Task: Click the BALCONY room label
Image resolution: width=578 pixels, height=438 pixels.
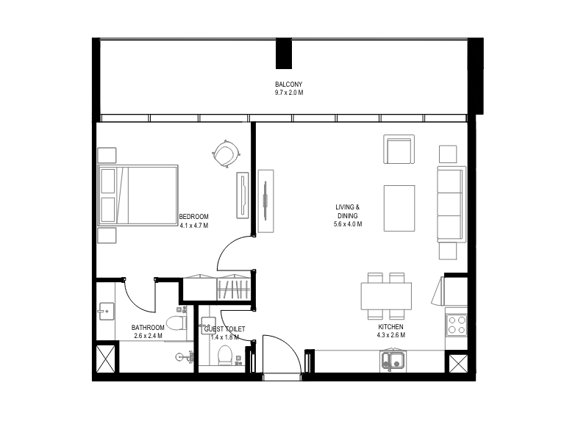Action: pyautogui.click(x=288, y=85)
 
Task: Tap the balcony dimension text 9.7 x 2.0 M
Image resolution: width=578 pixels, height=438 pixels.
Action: pyautogui.click(x=288, y=93)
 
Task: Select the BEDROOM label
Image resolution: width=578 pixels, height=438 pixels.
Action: pyautogui.click(x=193, y=217)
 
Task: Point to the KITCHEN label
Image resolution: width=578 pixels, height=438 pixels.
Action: pyautogui.click(x=390, y=327)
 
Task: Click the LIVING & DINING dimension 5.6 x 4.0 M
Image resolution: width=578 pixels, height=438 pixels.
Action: pyautogui.click(x=348, y=224)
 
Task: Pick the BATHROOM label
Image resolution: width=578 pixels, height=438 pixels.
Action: pyautogui.click(x=148, y=328)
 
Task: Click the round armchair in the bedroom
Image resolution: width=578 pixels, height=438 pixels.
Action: pyautogui.click(x=226, y=154)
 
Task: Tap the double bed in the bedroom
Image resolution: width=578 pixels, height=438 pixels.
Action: pyautogui.click(x=138, y=195)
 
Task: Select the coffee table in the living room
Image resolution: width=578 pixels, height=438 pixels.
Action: pyautogui.click(x=399, y=208)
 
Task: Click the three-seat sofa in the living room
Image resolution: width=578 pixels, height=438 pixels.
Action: pyautogui.click(x=452, y=204)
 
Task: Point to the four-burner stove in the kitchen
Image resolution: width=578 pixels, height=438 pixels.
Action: pyautogui.click(x=457, y=325)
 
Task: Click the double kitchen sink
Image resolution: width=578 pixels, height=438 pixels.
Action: pyautogui.click(x=393, y=360)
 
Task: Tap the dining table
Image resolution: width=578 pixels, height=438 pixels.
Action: pyautogui.click(x=386, y=296)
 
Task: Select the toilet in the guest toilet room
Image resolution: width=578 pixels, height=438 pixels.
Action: pyautogui.click(x=224, y=355)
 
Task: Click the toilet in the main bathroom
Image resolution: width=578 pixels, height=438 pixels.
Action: pyautogui.click(x=176, y=323)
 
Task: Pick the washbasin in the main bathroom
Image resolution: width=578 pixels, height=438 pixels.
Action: pyautogui.click(x=106, y=312)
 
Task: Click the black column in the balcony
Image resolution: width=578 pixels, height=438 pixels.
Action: pyautogui.click(x=284, y=54)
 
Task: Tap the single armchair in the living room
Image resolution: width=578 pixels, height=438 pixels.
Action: pyautogui.click(x=399, y=149)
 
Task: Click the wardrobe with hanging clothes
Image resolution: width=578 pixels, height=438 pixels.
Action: pyautogui.click(x=234, y=288)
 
